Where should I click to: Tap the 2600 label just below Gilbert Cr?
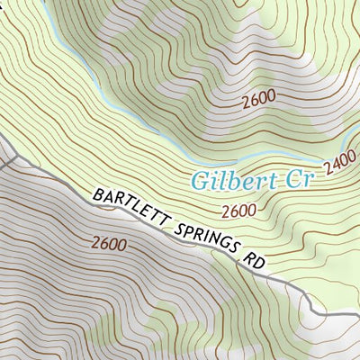(238, 211)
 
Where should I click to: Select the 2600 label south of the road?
(108, 243)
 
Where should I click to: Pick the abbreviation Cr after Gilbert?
(296, 180)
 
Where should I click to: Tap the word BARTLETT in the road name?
(129, 209)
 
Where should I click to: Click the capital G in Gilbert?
(200, 181)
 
